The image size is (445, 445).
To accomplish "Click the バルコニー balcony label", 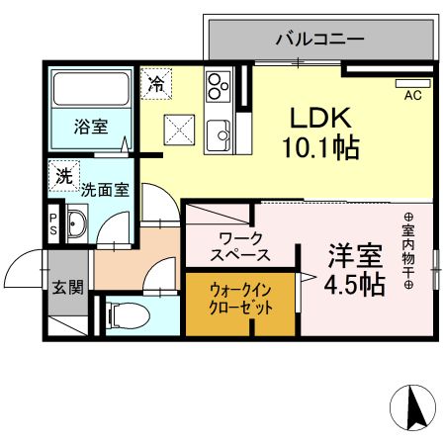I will coord(319,41).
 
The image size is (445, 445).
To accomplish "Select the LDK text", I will coord(318,117).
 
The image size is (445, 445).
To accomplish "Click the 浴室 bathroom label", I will coord(91,126).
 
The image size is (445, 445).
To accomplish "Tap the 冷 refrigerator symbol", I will coord(155,84).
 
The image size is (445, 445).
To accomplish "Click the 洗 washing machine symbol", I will coord(64,178).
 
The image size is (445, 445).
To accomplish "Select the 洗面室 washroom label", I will coord(105,189).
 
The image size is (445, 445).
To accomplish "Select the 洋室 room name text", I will coord(355,255).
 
